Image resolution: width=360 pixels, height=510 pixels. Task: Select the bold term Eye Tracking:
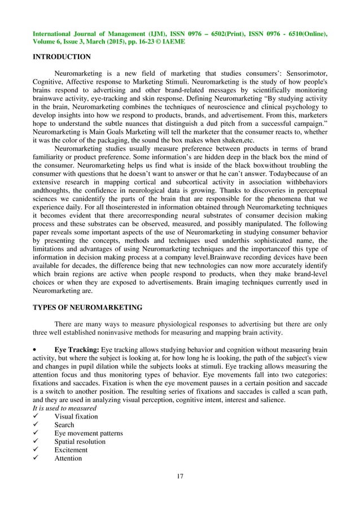tap(76, 350)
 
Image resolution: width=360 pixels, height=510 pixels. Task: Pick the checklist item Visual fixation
tap(76, 416)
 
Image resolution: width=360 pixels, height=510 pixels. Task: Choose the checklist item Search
tap(64, 425)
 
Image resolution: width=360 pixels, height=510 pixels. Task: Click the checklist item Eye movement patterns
tap(89, 433)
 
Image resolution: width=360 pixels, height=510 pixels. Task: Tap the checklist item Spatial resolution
tap(80, 441)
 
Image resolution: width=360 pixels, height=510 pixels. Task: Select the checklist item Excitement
tap(71, 450)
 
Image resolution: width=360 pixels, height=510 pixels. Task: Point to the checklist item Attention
tap(68, 458)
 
